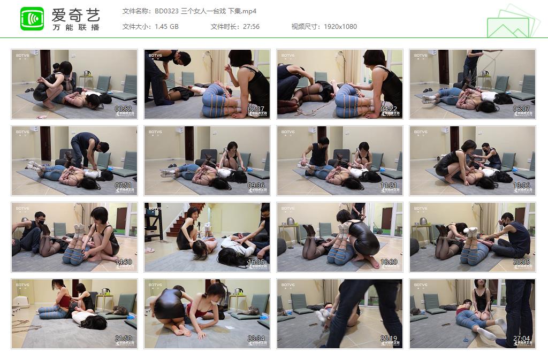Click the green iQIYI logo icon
click(x=32, y=19)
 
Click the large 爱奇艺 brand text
click(x=75, y=14)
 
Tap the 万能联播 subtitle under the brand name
click(x=75, y=27)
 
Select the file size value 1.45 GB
click(x=166, y=27)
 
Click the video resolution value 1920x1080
click(x=340, y=27)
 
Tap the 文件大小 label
click(x=135, y=27)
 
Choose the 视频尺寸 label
click(x=305, y=27)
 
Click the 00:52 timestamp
click(x=123, y=109)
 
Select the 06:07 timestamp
click(x=521, y=109)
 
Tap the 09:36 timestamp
click(x=256, y=186)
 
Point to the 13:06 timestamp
click(x=521, y=186)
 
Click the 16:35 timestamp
click(x=256, y=262)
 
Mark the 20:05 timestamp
click(x=521, y=262)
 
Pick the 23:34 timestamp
click(x=256, y=339)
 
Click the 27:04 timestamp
click(x=521, y=339)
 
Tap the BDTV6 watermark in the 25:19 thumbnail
click(x=288, y=285)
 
